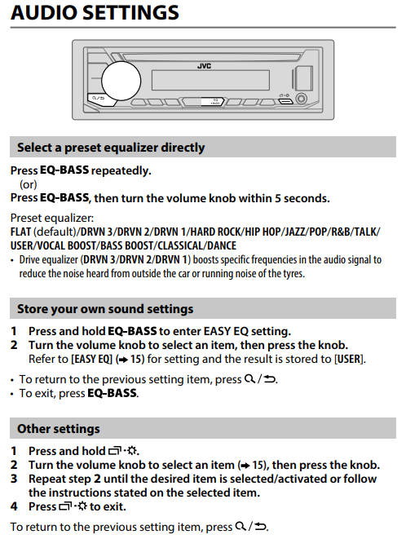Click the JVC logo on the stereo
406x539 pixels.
tap(204, 66)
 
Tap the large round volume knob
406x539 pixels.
tap(121, 81)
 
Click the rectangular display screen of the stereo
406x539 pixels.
tap(210, 80)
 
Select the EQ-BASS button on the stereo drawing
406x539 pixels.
tap(213, 102)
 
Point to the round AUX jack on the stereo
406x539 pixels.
tap(302, 99)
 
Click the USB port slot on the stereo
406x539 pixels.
tap(285, 101)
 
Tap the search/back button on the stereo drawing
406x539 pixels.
tap(99, 99)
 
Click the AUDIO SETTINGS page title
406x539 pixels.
tap(95, 12)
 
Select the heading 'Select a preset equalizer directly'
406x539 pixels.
tap(111, 148)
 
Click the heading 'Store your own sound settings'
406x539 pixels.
tap(105, 309)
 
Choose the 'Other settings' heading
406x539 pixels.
tap(59, 429)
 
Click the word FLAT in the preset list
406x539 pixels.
tap(20, 232)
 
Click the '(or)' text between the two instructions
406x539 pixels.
tap(29, 184)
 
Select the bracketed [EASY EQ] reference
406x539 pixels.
tap(92, 360)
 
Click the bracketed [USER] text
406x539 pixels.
tap(349, 360)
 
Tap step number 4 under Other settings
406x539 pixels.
tap(14, 506)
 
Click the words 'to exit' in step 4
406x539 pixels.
tap(108, 506)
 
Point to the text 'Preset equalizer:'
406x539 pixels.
tap(52, 218)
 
